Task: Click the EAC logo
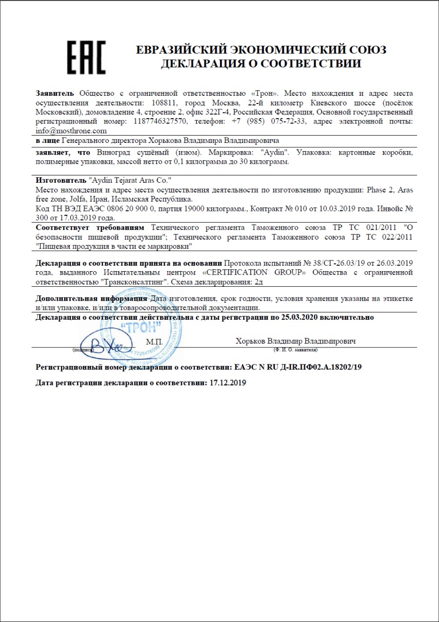[86, 57]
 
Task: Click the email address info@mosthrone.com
[71, 131]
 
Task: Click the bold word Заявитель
[55, 93]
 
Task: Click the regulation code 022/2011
[393, 237]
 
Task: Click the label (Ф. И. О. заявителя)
[296, 350]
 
